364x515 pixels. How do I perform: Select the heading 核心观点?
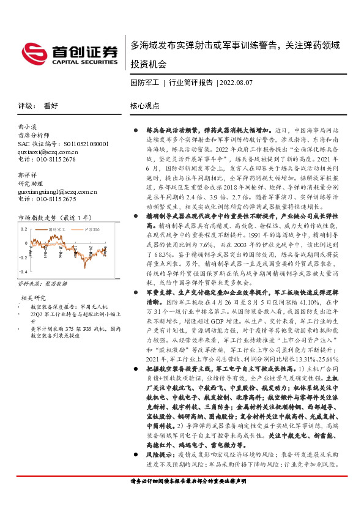tap(145, 105)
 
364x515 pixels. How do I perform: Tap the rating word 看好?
tap(51, 105)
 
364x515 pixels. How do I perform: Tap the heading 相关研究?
tap(32, 298)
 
